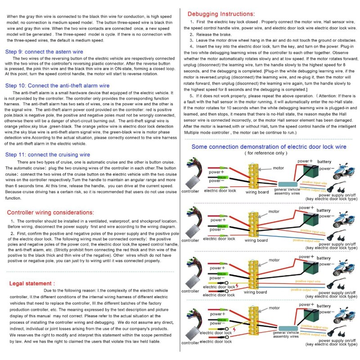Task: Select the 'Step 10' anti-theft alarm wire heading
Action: click(x=58, y=85)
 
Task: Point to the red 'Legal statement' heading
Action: click(x=32, y=283)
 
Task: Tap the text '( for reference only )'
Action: click(x=265, y=153)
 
